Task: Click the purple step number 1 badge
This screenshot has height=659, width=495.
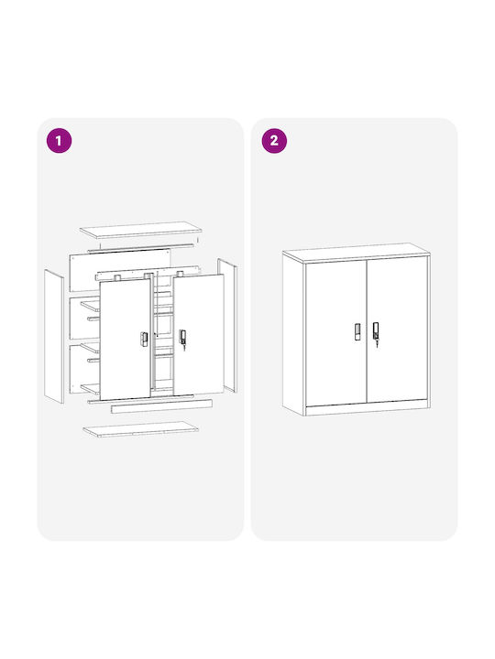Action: coord(59,140)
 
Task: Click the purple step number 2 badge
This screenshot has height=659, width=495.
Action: coord(274,140)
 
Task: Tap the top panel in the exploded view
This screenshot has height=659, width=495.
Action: coord(140,230)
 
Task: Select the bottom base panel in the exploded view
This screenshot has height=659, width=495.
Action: coord(140,429)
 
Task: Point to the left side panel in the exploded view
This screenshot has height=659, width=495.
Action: coord(54,337)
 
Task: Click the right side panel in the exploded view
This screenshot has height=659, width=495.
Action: coord(227,325)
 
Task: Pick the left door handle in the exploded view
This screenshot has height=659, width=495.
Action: coord(144,339)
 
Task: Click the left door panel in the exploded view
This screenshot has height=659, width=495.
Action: coord(125,340)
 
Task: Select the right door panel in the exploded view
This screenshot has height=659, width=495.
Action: coord(199,335)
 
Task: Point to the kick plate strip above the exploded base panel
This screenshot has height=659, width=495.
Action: coord(161,406)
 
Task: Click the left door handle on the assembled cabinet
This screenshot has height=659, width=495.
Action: coord(357,331)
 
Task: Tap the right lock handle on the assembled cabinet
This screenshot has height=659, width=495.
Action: coord(376,332)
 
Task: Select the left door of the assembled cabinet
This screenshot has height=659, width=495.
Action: coord(335,333)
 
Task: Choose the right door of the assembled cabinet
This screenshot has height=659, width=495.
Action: coord(397,331)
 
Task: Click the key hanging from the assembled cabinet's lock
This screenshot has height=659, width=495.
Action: coord(377,343)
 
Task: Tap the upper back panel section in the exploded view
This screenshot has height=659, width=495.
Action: coord(120,270)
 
